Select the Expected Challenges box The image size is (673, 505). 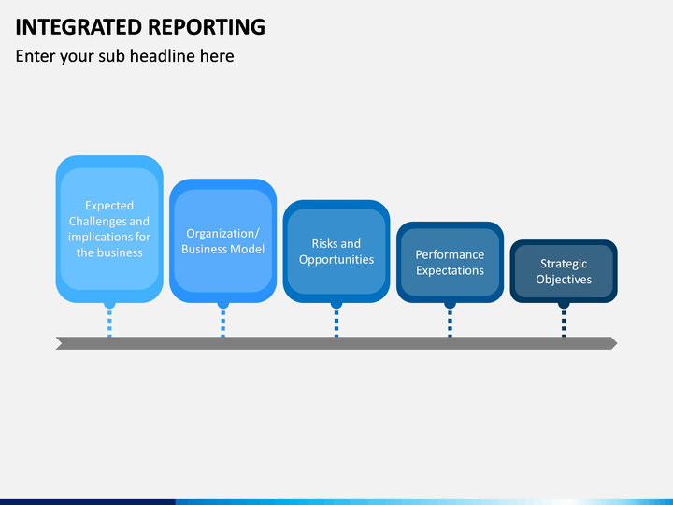[x=109, y=229]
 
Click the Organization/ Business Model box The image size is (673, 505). [x=222, y=241]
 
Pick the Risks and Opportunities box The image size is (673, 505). [x=336, y=252]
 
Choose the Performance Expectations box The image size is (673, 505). [x=450, y=262]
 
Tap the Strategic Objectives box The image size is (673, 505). [x=564, y=271]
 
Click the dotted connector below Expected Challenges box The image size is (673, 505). [x=109, y=323]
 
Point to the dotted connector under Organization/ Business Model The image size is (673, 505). [x=222, y=323]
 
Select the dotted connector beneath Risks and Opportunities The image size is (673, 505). [x=336, y=323]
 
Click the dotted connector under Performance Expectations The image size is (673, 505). [x=450, y=323]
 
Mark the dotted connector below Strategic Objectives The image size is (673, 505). [x=564, y=323]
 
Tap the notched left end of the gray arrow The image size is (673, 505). [x=60, y=343]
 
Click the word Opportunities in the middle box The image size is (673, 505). [x=336, y=260]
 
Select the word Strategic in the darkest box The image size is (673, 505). [x=564, y=264]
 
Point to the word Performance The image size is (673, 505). [x=450, y=254]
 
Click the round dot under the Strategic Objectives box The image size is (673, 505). [x=564, y=304]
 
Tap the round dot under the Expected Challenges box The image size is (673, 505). [x=109, y=304]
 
